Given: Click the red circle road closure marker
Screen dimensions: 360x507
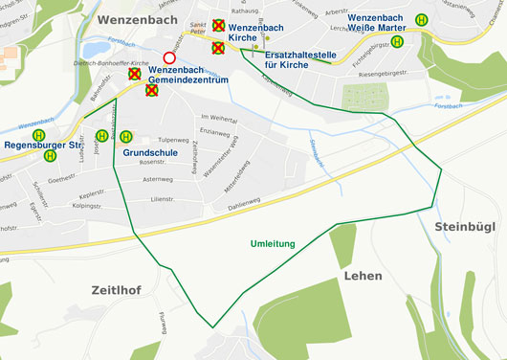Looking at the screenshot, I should pos(170,59).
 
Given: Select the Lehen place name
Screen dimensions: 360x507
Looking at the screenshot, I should pos(362,276).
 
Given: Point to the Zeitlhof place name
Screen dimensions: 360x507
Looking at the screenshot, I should pos(117,289).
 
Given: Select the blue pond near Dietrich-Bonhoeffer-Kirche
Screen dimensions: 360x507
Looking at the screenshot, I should pos(97,49).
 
